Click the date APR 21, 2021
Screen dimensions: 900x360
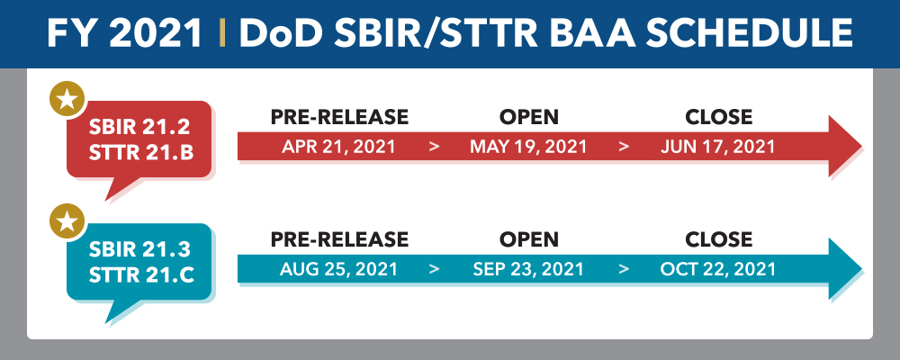tap(338, 147)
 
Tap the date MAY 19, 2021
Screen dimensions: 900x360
tap(528, 147)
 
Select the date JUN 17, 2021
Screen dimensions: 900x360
tap(717, 147)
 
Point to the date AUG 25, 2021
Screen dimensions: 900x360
tap(338, 269)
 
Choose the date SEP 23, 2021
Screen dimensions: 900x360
tap(528, 269)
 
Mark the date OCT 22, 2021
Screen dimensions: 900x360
tap(718, 269)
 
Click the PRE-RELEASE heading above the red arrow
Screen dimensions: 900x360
tap(339, 117)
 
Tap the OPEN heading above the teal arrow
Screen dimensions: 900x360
tap(528, 239)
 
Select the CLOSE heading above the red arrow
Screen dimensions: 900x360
tap(718, 117)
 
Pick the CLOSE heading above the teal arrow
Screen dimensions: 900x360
tap(718, 239)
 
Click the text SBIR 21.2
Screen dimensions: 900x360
tap(139, 127)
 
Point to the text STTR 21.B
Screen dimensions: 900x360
tap(141, 153)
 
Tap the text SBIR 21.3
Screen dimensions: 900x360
tap(139, 250)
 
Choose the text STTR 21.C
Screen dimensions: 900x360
tap(141, 275)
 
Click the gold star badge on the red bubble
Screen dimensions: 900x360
tap(67, 100)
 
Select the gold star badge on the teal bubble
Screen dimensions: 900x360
tap(67, 221)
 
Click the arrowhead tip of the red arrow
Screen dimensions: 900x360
tap(861, 146)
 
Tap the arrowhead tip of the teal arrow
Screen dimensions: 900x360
tap(861, 268)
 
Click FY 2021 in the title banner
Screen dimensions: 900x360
tap(124, 32)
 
